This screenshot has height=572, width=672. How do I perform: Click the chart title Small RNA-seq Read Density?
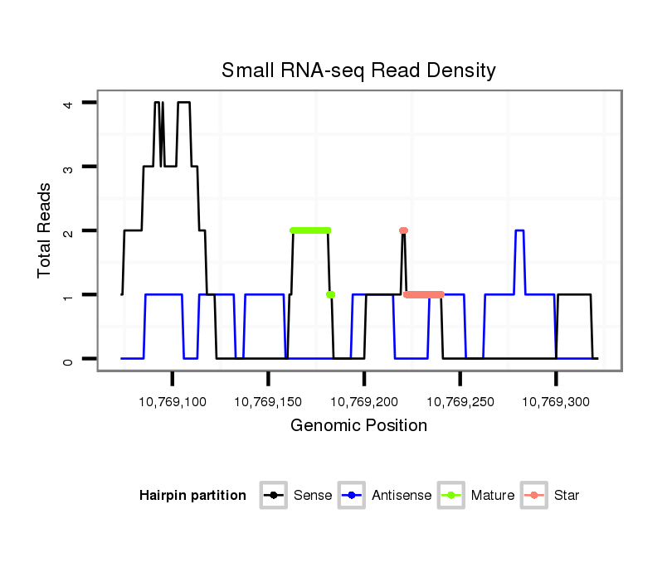coord(358,70)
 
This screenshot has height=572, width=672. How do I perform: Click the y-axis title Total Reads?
coord(45,230)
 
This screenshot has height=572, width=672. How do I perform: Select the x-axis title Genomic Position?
coord(358,426)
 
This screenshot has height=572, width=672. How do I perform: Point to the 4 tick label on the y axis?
coord(69,103)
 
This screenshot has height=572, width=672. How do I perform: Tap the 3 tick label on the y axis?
coord(69,167)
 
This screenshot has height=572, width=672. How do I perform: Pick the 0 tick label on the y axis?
coord(69,359)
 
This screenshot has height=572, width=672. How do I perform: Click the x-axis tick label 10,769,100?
coord(173,401)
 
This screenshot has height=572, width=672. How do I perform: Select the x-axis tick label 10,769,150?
coord(268,401)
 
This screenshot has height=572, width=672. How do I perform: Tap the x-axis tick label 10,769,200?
coord(364,401)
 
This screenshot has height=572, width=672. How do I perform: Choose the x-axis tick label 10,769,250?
coord(460,401)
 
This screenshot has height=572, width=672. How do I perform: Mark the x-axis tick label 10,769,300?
coord(556,401)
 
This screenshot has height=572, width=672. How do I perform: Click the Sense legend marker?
coord(273,496)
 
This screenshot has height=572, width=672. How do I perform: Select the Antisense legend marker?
coord(352,496)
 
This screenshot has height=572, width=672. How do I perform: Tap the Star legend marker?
coord(533,496)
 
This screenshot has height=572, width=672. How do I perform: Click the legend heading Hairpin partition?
coord(192,496)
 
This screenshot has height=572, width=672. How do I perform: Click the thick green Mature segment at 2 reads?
coord(310,230)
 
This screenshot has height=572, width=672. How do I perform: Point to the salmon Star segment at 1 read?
coord(424,294)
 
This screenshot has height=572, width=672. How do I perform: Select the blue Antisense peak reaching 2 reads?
coord(519,231)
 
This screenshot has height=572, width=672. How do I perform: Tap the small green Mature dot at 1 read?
coord(330,294)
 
